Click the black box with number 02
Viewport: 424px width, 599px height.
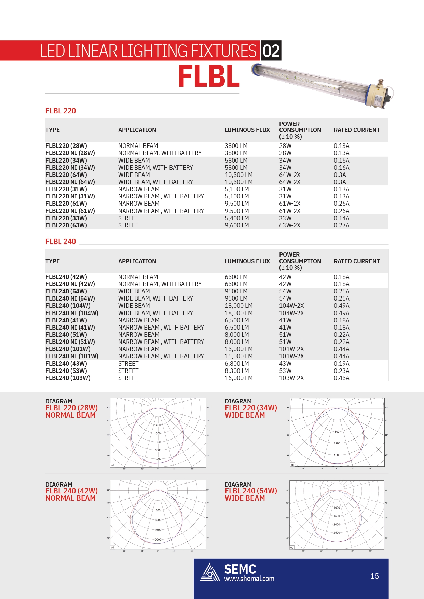coord(271,51)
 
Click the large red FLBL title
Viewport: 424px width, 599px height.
coord(209,77)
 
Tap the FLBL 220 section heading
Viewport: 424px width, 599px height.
coord(61,111)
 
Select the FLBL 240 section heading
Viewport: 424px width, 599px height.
coord(61,242)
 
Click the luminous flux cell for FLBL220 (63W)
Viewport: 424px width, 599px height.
coord(237,225)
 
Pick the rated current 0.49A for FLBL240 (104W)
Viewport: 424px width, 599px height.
coord(341,306)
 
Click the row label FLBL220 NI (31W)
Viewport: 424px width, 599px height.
coord(70,196)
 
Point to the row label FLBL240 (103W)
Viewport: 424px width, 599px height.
coord(68,378)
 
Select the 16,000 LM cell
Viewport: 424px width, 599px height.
coord(238,378)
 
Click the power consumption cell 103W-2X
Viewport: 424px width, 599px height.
coord(291,378)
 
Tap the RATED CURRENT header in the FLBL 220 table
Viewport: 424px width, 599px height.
coord(357,130)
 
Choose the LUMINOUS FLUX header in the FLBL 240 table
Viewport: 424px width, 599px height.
coord(247,261)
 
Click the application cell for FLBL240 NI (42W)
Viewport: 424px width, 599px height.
coord(160,284)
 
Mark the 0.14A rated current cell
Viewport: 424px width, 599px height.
coord(341,218)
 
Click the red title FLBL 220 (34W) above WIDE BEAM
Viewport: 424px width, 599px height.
coord(251,408)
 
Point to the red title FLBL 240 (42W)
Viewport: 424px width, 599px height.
coord(71,491)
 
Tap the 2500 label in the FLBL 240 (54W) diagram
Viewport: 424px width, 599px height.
coord(337,533)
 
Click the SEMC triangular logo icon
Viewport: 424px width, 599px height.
coord(210,572)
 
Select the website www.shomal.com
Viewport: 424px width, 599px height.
coord(249,579)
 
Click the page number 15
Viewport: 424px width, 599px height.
coord(374,576)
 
